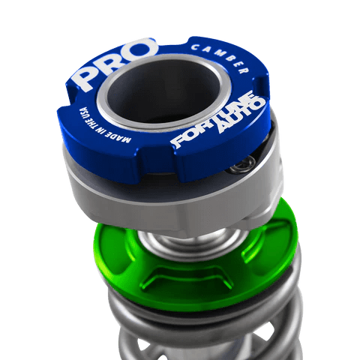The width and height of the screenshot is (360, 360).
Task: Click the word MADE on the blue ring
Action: coord(120,136)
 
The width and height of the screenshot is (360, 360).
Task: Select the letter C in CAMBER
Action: coord(194,47)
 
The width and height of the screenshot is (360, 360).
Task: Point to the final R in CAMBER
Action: coord(243,70)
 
